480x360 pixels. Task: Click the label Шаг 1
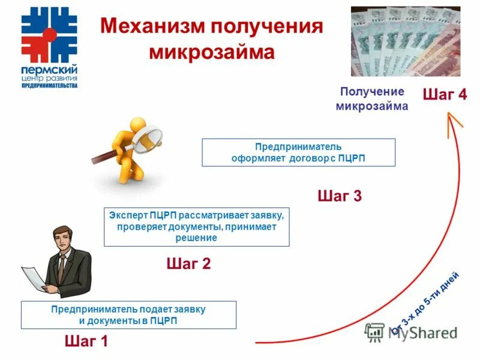click(85, 342)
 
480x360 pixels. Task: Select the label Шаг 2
click(188, 263)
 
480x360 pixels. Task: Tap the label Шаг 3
click(339, 196)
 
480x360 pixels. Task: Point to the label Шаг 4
click(445, 94)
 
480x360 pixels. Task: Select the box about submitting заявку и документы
click(128, 315)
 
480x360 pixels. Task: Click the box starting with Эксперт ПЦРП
click(196, 226)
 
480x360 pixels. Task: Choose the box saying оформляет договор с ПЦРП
click(298, 152)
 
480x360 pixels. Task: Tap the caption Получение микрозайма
click(372, 99)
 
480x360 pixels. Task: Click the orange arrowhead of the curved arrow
click(454, 125)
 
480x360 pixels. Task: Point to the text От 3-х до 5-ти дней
click(425, 303)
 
